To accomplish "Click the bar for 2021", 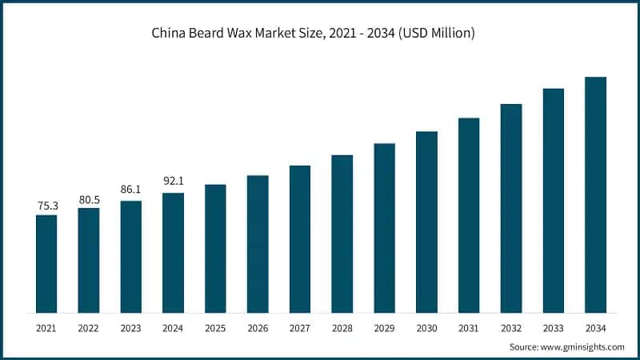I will point(46,264).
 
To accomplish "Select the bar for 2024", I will point(173,253).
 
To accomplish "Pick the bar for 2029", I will point(384,228).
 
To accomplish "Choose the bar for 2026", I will point(258,244).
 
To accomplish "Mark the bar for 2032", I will point(511,208).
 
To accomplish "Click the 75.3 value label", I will point(46,206).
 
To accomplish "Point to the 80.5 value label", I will point(89,199).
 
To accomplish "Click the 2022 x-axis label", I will point(89,328).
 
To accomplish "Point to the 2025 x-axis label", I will point(215,328).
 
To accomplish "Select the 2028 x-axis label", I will point(342,328).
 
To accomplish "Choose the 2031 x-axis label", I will point(469,328).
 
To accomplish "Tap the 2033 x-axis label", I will point(554,328).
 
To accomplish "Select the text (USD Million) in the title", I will point(442,34).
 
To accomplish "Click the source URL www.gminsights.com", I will point(582,347).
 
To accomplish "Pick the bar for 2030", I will point(426,222).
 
